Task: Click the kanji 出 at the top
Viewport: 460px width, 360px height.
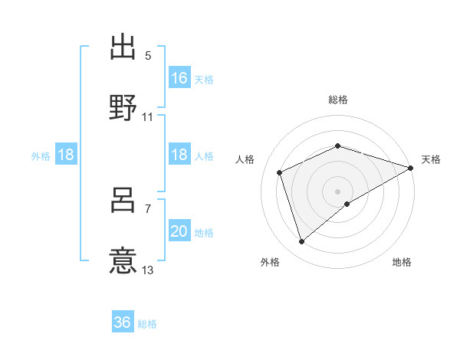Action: (123, 47)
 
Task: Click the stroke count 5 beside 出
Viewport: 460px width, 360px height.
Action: (148, 57)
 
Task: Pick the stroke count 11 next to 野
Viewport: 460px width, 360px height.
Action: (148, 117)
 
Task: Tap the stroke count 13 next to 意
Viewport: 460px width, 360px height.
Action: (148, 270)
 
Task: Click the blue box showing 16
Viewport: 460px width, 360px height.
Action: (179, 78)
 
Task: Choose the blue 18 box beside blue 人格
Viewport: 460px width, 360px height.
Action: (179, 155)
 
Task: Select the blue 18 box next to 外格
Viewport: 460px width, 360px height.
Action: (66, 155)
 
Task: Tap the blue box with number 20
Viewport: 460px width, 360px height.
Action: (179, 231)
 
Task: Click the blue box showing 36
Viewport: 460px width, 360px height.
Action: (123, 322)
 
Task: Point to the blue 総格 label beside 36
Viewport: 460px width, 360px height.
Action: (148, 324)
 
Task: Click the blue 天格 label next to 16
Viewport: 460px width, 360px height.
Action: (204, 80)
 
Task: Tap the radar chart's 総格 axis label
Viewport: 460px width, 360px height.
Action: (338, 100)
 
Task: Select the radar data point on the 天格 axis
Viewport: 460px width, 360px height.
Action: (411, 167)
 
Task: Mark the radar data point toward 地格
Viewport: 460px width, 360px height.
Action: (347, 204)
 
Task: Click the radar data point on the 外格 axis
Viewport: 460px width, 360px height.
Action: (301, 242)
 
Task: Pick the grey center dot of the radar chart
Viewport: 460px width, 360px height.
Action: (338, 191)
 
